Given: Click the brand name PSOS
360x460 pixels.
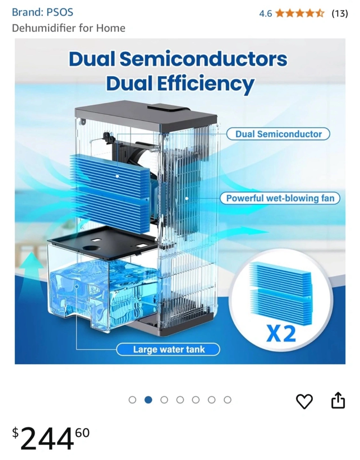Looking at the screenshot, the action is click(60, 12).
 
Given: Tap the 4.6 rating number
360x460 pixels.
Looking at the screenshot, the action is click(266, 13).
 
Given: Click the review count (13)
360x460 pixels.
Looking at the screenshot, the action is click(340, 13).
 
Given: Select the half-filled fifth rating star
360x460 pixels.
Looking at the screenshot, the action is click(320, 13).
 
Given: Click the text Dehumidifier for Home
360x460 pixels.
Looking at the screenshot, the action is click(69, 28).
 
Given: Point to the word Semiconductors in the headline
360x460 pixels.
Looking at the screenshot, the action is click(204, 59).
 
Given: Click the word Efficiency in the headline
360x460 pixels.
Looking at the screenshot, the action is click(205, 84).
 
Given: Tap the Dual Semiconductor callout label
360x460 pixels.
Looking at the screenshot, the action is click(278, 134).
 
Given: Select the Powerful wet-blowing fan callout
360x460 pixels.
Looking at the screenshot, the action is click(280, 198).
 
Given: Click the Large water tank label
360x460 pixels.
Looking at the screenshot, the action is click(168, 349).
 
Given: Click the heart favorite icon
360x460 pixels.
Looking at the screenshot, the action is click(304, 401).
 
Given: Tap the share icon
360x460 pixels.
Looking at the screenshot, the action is click(338, 400).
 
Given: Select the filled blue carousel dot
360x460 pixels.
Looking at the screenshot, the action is click(148, 400).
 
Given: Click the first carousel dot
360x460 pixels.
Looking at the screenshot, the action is click(132, 400).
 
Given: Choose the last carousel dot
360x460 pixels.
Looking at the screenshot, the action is click(227, 400).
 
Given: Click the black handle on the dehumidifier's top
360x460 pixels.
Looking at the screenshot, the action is click(168, 108).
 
